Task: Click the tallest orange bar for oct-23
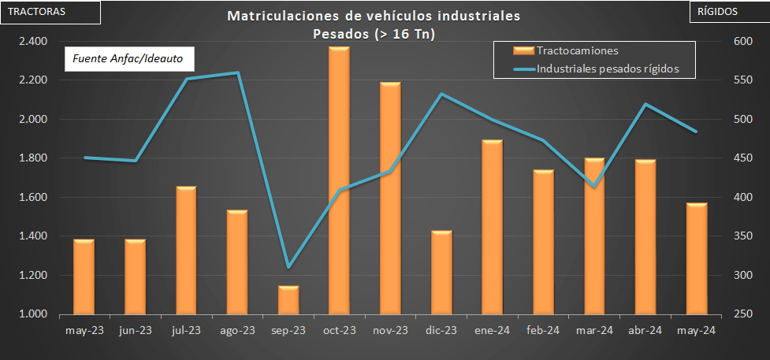pyautogui.click(x=339, y=181)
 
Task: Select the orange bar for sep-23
pyautogui.click(x=288, y=300)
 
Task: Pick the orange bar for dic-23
pyautogui.click(x=441, y=273)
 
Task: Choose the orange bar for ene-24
pyautogui.click(x=493, y=228)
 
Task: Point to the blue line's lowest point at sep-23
pyautogui.click(x=288, y=267)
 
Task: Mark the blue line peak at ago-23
pyautogui.click(x=237, y=73)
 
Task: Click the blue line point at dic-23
pyautogui.click(x=441, y=94)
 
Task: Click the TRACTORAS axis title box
pyautogui.click(x=50, y=12)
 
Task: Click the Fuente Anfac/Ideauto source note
pyautogui.click(x=128, y=59)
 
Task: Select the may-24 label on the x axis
pyautogui.click(x=696, y=331)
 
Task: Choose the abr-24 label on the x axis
pyautogui.click(x=645, y=331)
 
